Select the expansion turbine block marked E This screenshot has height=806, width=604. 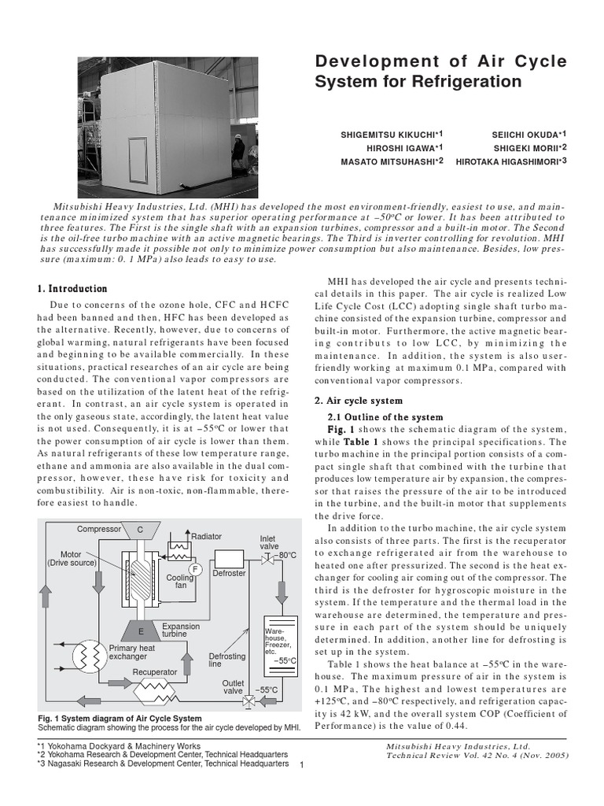(x=140, y=630)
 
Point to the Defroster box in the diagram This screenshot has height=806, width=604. (x=230, y=560)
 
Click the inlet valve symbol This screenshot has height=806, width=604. (x=267, y=557)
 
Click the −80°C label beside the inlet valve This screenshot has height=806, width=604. (x=284, y=555)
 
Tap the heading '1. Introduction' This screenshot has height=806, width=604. (x=72, y=289)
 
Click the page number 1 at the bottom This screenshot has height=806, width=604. (x=303, y=770)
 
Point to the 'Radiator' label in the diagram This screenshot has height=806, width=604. (x=207, y=536)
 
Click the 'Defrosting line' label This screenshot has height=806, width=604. (x=226, y=660)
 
